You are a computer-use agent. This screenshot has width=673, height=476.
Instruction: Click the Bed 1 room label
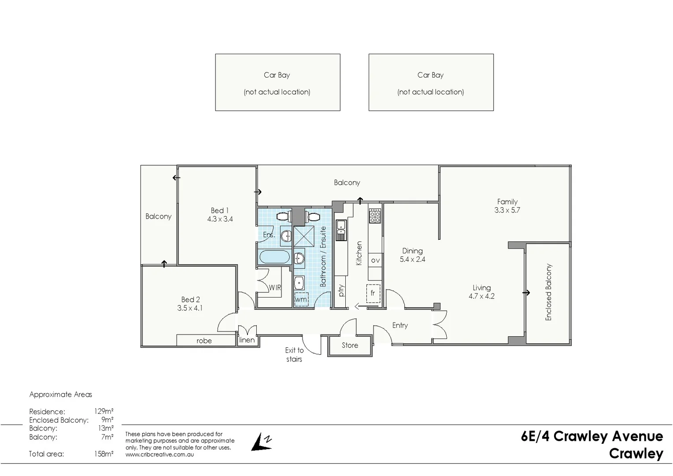[x=220, y=211]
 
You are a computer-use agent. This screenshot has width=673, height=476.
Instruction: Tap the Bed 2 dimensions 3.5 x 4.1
[x=190, y=308]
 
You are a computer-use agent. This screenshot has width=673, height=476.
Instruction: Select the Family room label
[x=507, y=202]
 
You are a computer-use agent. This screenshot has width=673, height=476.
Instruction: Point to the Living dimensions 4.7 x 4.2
[x=481, y=296]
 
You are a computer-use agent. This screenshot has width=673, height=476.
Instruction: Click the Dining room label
[x=412, y=251]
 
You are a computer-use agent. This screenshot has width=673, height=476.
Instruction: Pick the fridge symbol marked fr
[x=373, y=294]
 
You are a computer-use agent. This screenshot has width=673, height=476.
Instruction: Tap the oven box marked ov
[x=375, y=260]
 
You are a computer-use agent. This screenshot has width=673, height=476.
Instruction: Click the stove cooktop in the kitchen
[x=375, y=216]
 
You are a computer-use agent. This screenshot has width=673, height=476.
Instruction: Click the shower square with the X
[x=304, y=236]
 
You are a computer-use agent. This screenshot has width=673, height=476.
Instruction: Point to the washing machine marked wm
[x=301, y=299]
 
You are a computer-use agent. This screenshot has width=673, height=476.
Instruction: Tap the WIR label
[x=275, y=287]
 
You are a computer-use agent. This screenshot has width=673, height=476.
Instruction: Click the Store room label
[x=350, y=346]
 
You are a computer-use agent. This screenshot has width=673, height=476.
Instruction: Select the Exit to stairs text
[x=294, y=354]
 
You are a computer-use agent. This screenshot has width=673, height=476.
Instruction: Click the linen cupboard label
[x=247, y=340]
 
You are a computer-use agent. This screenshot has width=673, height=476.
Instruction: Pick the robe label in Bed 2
[x=204, y=341]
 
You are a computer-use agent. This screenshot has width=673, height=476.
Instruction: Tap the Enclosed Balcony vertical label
[x=548, y=292]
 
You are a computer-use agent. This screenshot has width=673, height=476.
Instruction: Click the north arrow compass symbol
[x=262, y=442]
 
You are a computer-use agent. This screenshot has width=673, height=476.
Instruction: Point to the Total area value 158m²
[x=104, y=454]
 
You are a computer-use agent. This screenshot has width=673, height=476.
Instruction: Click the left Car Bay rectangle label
[x=277, y=75]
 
